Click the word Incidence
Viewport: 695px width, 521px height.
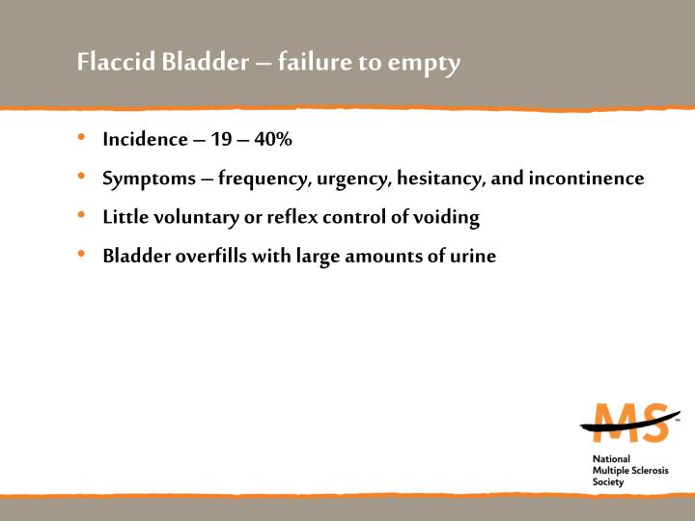(145, 140)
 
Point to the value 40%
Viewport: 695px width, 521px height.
(271, 140)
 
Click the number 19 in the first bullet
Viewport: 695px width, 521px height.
(221, 140)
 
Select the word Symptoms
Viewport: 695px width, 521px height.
(145, 179)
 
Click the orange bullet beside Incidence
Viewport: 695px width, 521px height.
(84, 139)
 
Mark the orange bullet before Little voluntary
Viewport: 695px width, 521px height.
(84, 216)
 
